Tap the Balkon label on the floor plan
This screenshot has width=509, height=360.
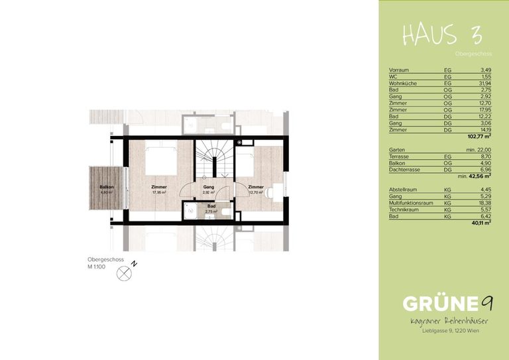click(x=107, y=187)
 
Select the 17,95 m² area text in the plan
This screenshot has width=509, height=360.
click(x=158, y=193)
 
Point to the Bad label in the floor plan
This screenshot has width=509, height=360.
click(x=211, y=206)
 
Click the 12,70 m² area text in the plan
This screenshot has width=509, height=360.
click(x=256, y=193)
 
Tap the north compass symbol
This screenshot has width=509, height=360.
click(x=124, y=272)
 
